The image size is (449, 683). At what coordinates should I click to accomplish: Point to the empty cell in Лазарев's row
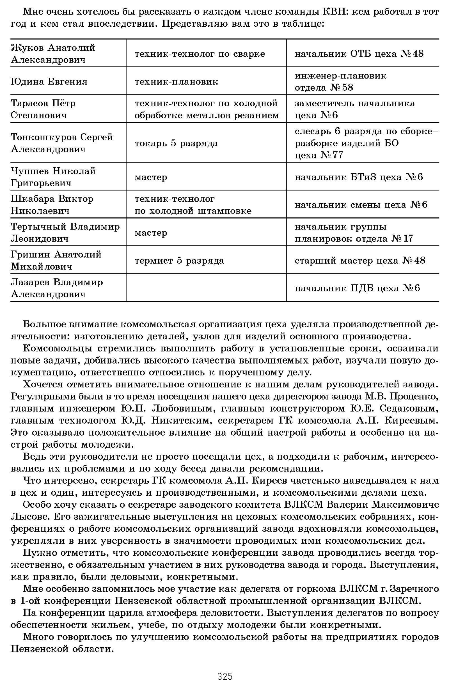click(x=206, y=288)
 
